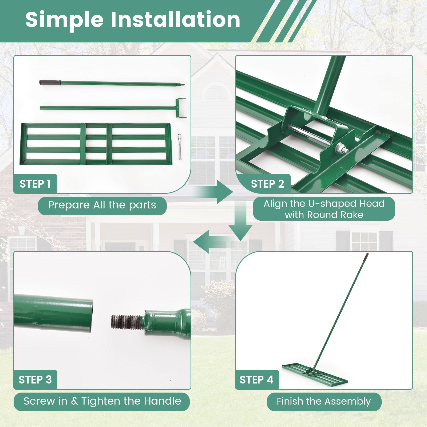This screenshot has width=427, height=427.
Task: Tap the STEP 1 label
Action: [x=35, y=184]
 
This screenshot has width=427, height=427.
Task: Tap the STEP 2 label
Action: [x=267, y=184]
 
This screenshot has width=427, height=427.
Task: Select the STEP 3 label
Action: [x=35, y=379]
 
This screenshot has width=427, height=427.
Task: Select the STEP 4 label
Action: [x=256, y=379]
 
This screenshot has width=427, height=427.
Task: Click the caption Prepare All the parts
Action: [x=102, y=205]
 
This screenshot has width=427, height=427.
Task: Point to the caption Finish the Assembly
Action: [x=324, y=401]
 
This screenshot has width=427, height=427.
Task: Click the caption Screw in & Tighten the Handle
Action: [x=102, y=401]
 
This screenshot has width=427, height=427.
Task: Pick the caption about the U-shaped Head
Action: [x=324, y=209]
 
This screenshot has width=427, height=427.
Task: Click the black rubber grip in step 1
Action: [x=50, y=82]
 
